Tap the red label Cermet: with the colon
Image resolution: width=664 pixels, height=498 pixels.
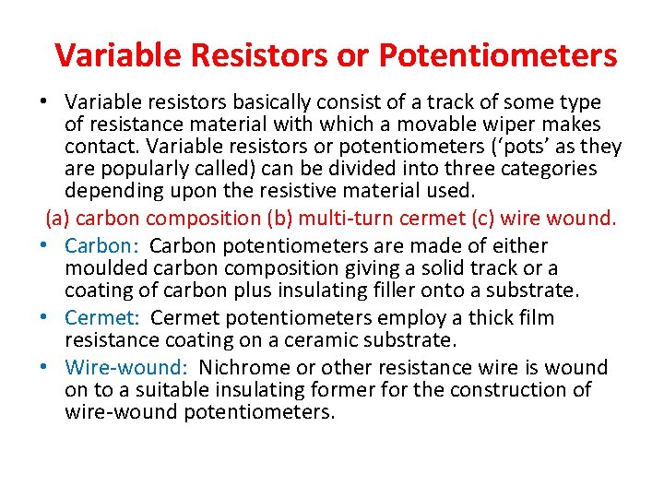click(x=103, y=318)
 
